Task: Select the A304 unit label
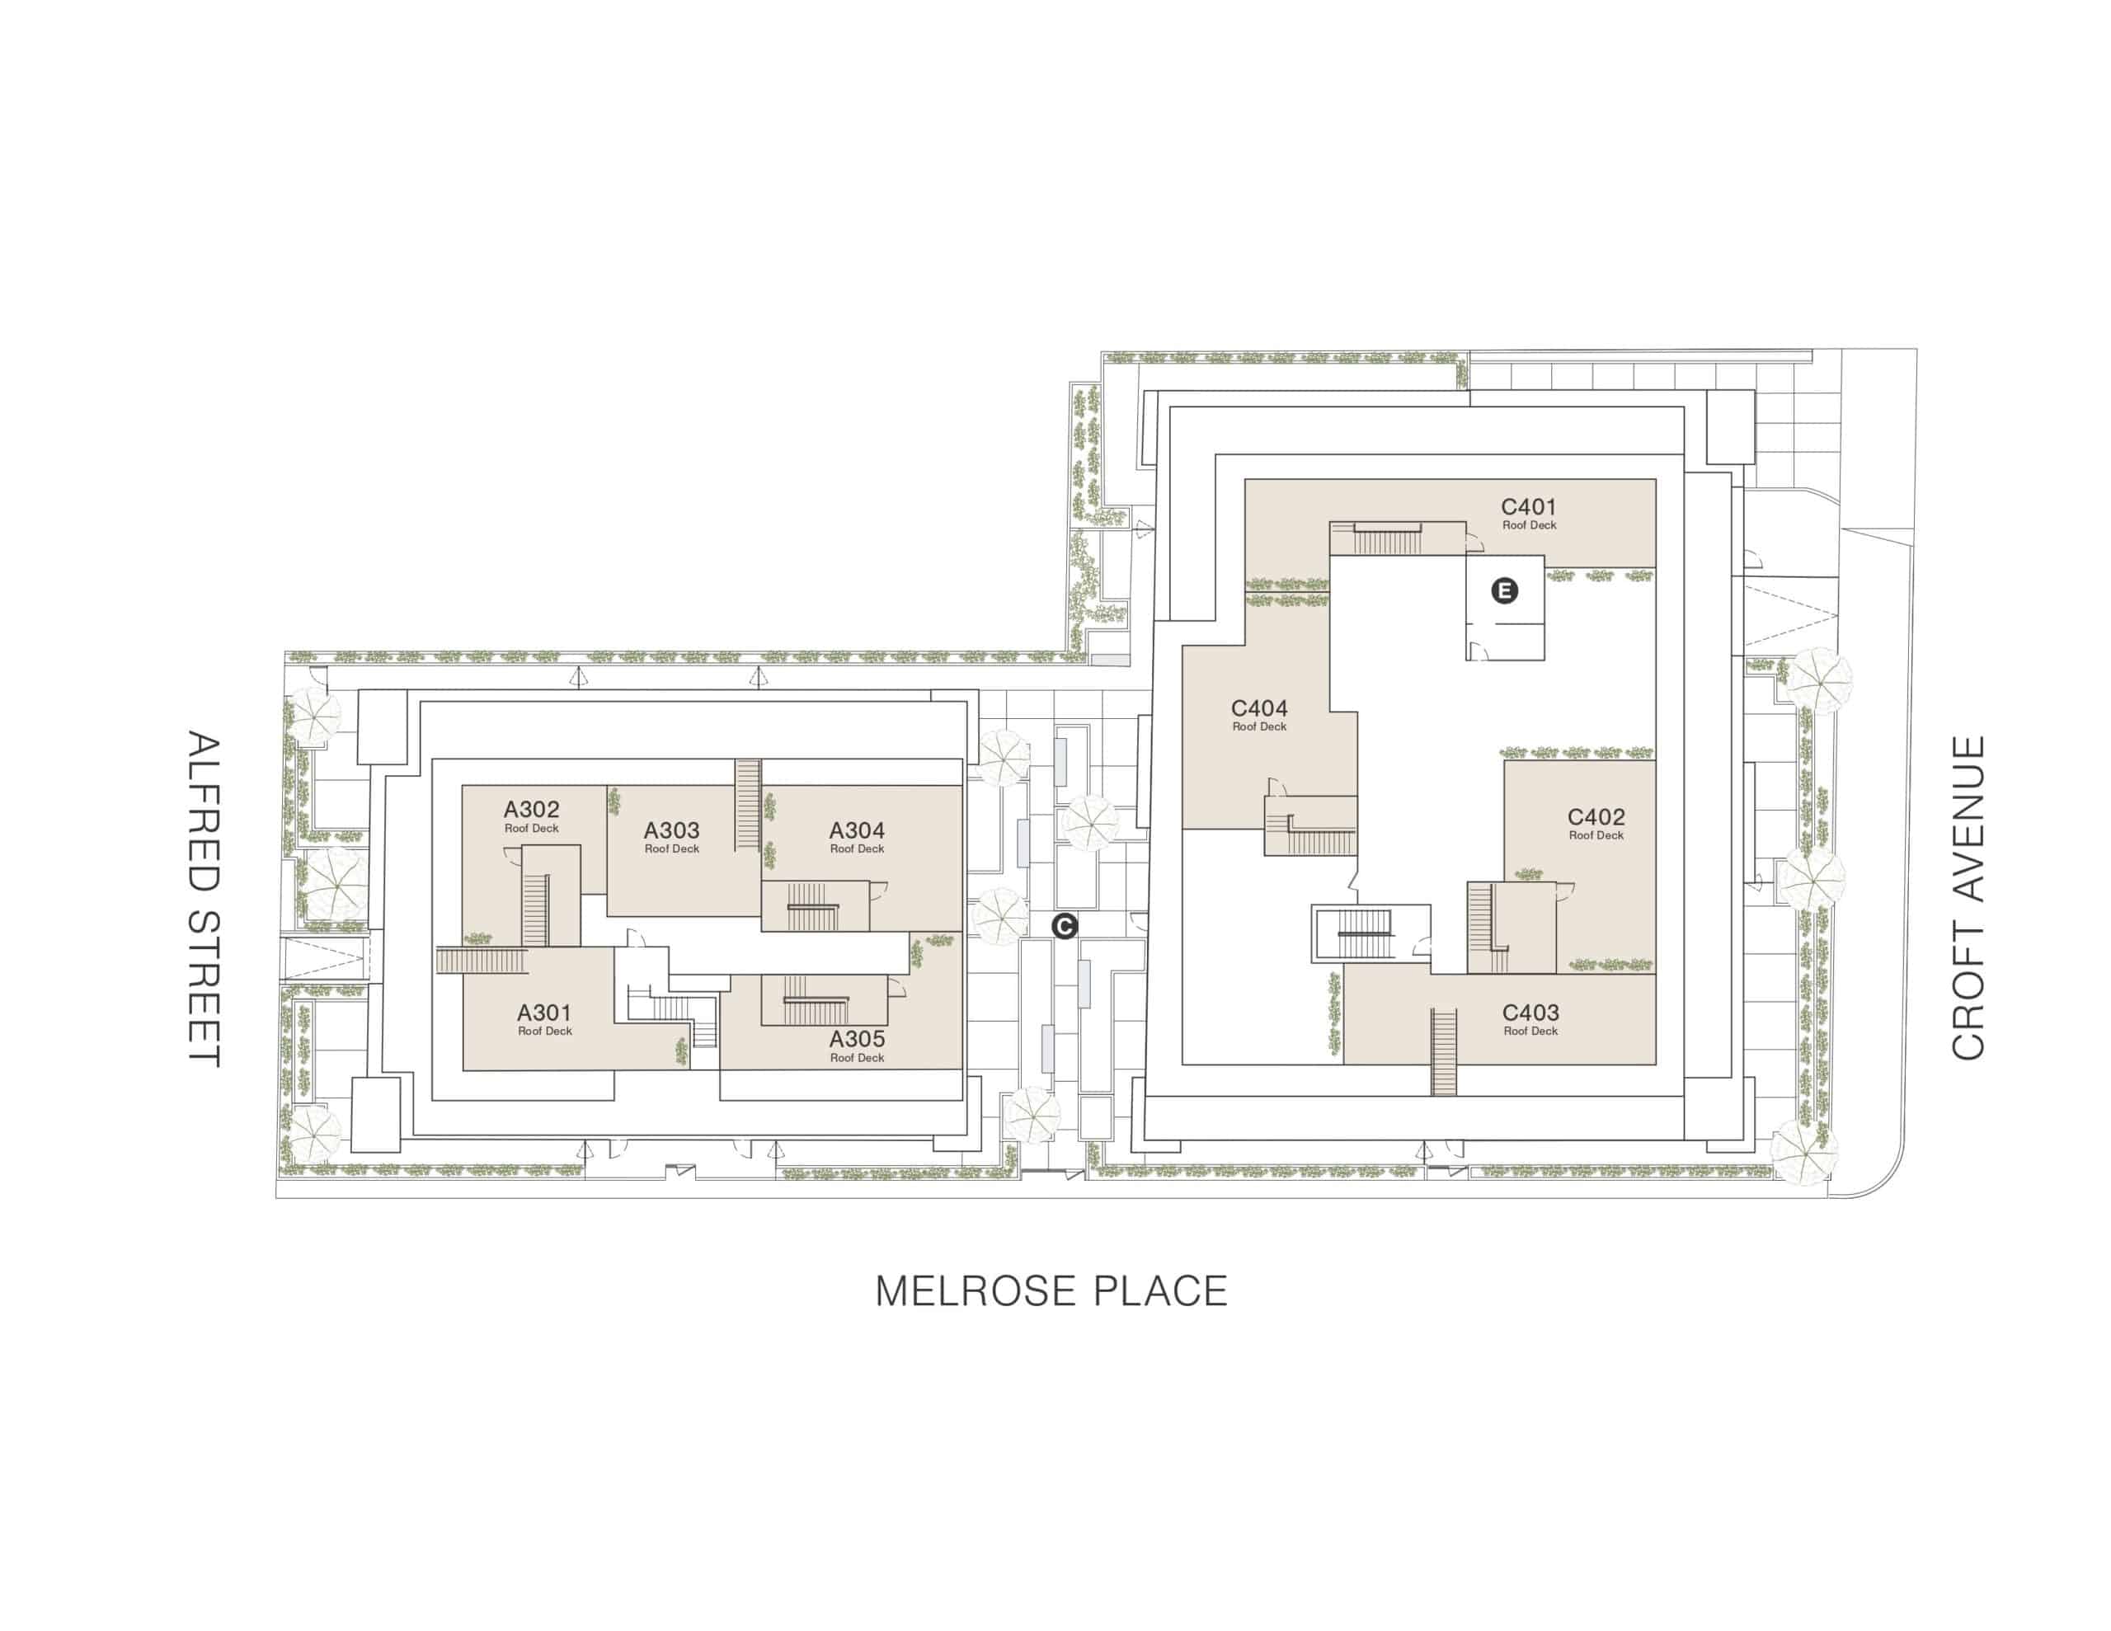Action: (858, 830)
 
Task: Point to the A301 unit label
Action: (544, 1013)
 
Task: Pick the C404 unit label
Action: (1259, 707)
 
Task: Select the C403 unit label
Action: (1531, 1013)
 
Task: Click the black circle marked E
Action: (1505, 590)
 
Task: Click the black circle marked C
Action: (1065, 926)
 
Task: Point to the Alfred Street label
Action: (204, 899)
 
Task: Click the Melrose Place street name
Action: (1051, 1291)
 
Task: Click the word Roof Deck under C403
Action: (1531, 1032)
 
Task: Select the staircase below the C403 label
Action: (1444, 1052)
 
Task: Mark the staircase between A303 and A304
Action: (748, 805)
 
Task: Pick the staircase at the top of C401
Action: (1387, 538)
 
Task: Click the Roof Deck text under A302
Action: (532, 829)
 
